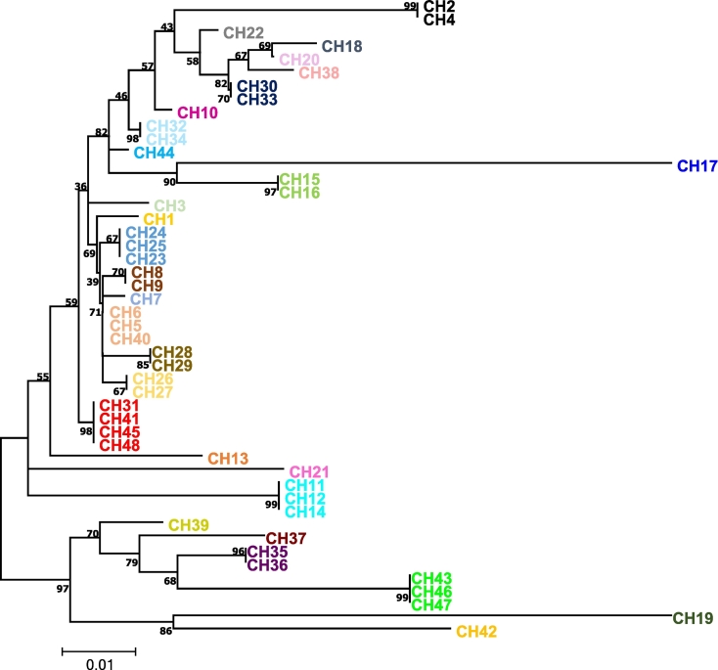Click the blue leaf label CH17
tap(696, 165)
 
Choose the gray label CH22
tap(243, 32)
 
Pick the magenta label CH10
tap(196, 113)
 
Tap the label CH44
tap(154, 153)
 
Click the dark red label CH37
tap(287, 539)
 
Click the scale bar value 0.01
tap(99, 665)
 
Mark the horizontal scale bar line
tap(99, 649)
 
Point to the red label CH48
tap(118, 445)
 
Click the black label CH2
tap(439, 6)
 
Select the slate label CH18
tap(341, 46)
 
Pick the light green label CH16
tap(299, 194)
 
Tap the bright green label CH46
tap(431, 592)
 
